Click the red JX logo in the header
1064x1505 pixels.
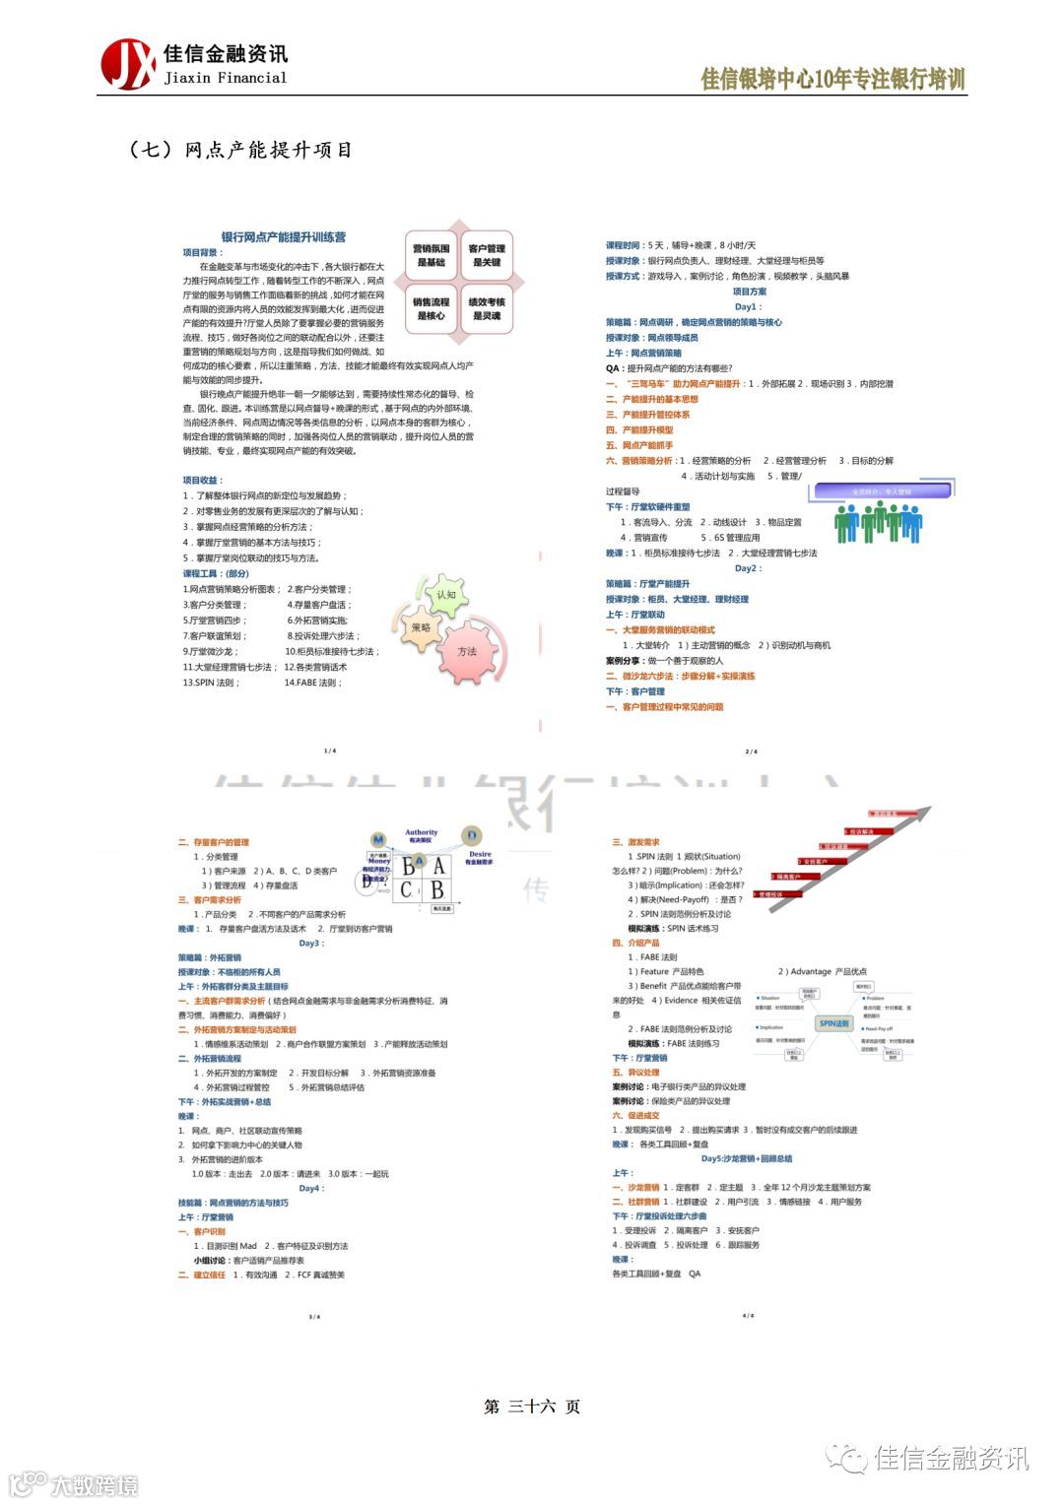(128, 63)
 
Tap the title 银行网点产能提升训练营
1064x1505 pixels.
(283, 237)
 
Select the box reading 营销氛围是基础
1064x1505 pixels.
(431, 255)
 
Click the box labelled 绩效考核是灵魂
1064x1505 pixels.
(487, 308)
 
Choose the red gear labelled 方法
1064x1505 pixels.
(466, 651)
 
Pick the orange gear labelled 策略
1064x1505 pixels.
(421, 627)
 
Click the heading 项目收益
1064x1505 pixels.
(202, 480)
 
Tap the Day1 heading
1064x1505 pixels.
(746, 306)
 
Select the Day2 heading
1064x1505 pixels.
(748, 568)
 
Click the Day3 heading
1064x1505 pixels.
(310, 943)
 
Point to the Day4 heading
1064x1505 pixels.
(310, 1188)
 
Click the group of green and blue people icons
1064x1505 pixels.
(878, 521)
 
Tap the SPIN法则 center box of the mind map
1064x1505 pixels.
(833, 1023)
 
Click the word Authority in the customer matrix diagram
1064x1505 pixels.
(422, 833)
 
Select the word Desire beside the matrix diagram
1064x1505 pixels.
(480, 854)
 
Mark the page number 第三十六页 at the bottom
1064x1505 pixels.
(532, 1407)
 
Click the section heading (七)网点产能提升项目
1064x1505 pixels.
(240, 150)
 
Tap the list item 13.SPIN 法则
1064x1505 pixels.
(211, 683)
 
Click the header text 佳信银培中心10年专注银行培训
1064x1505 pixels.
(832, 80)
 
